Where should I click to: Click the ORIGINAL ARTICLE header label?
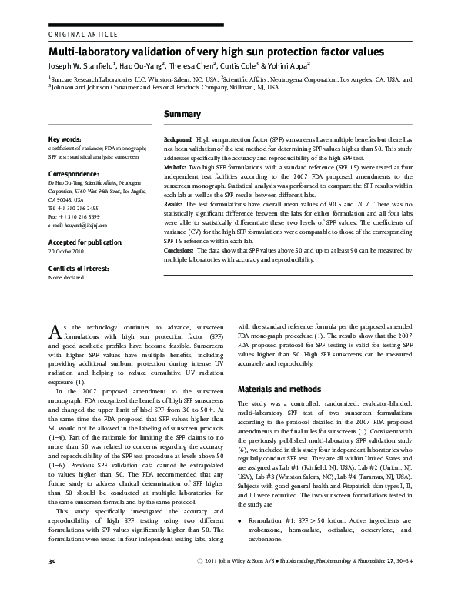(x=83, y=35)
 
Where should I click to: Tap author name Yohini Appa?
(x=286, y=67)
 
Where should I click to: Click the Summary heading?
(x=182, y=114)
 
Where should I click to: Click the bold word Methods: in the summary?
(x=176, y=166)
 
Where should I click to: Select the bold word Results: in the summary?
(x=174, y=203)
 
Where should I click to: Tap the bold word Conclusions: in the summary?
(x=179, y=249)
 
